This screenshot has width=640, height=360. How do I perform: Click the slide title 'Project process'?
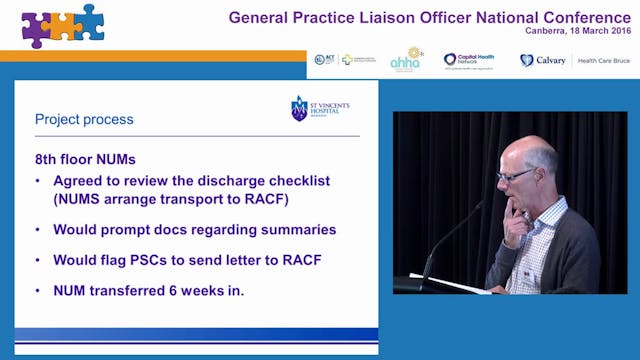click(x=84, y=120)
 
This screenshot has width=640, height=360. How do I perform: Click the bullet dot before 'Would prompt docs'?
click(x=39, y=229)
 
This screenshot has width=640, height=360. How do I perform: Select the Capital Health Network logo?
click(x=470, y=60)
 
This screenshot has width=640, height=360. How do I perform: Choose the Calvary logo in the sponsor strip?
click(x=544, y=60)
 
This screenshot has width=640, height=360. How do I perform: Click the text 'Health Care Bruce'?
click(x=603, y=60)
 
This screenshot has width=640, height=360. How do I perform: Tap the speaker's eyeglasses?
click(x=517, y=174)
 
